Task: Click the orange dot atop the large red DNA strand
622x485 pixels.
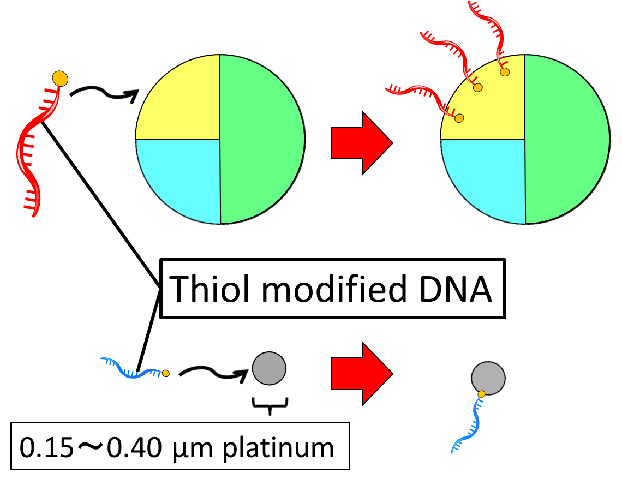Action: pos(60,79)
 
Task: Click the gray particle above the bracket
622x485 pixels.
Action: pos(269,368)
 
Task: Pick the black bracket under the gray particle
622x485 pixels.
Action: pos(270,405)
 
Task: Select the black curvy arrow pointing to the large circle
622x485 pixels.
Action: pos(104,94)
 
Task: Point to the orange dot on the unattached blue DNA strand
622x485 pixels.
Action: pos(166,374)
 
